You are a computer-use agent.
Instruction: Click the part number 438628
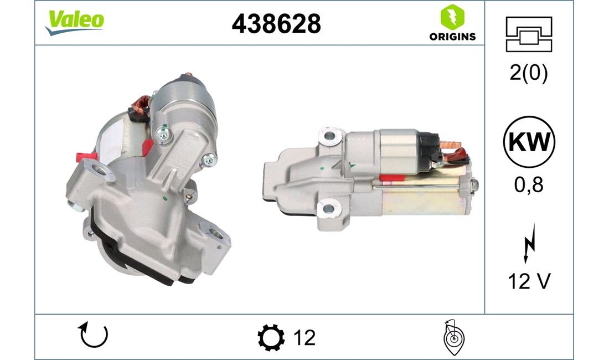pyautogui.click(x=276, y=24)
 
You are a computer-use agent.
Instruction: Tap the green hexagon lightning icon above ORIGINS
pyautogui.click(x=452, y=17)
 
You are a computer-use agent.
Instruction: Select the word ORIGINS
pyautogui.click(x=452, y=37)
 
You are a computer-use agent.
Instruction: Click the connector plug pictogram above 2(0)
pyautogui.click(x=529, y=34)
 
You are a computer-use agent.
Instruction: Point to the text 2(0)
pyautogui.click(x=529, y=72)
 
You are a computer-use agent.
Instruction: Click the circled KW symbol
pyautogui.click(x=529, y=141)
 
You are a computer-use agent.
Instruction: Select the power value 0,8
pyautogui.click(x=529, y=185)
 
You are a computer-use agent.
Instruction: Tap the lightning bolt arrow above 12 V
pyautogui.click(x=529, y=244)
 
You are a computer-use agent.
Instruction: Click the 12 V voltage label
pyautogui.click(x=529, y=281)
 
